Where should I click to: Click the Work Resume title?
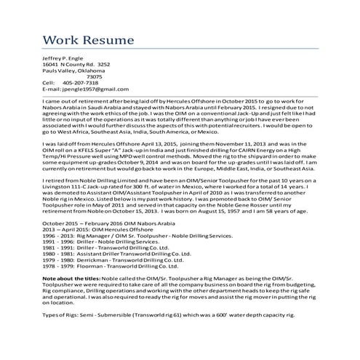pyautogui.click(x=88, y=38)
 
